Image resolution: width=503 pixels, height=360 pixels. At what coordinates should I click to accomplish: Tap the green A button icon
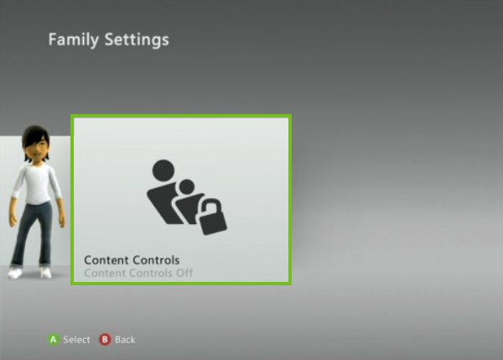pyautogui.click(x=53, y=340)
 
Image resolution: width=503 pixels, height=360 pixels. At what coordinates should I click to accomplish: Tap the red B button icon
pyautogui.click(x=105, y=340)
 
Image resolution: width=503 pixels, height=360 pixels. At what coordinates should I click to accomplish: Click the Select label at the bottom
pyautogui.click(x=76, y=340)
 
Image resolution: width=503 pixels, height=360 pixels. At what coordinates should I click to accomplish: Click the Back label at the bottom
pyautogui.click(x=125, y=340)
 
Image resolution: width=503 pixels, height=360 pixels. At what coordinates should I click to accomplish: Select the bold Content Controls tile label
pyautogui.click(x=132, y=260)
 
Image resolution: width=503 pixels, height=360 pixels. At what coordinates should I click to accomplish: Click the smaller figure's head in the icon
pyautogui.click(x=187, y=186)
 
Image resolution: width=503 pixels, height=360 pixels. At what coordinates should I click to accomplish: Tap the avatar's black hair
pyautogui.click(x=34, y=135)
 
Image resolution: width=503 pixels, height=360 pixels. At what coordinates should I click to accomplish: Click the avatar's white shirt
pyautogui.click(x=34, y=185)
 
